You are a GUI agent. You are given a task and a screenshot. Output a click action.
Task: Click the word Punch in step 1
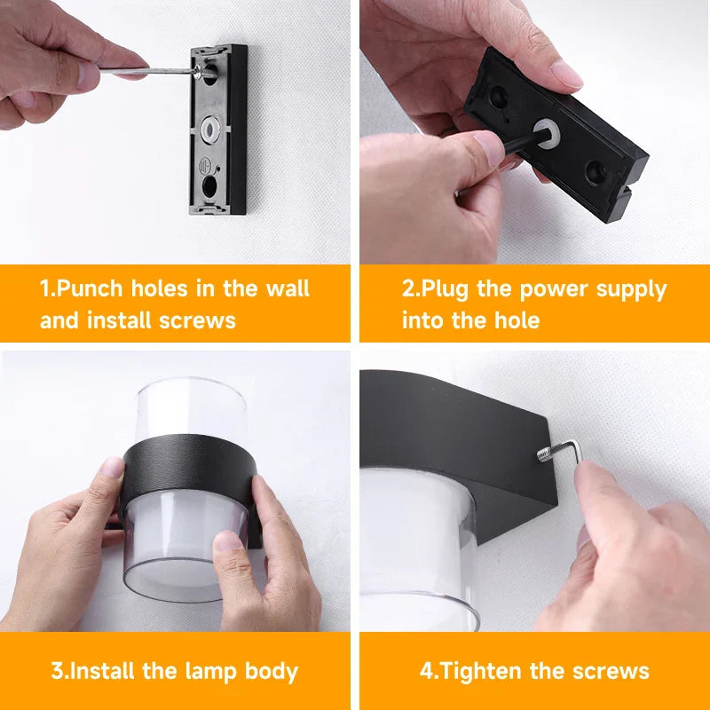(x=97, y=289)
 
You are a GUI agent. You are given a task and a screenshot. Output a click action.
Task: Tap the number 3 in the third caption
(x=57, y=671)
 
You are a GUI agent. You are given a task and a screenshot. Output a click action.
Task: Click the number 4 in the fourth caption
(x=426, y=671)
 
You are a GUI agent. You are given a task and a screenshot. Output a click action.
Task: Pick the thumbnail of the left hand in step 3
(x=113, y=468)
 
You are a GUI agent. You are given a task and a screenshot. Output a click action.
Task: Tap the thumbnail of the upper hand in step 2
(x=564, y=74)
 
